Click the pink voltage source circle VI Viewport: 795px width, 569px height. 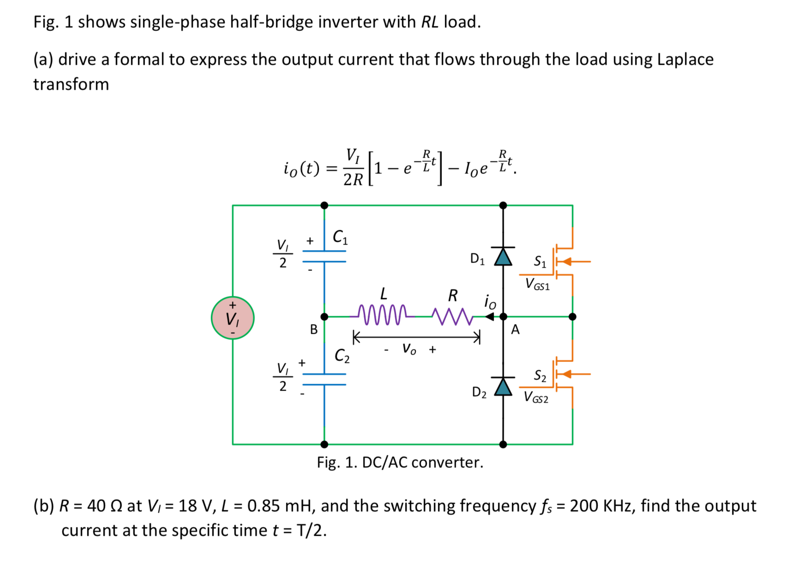[x=233, y=318]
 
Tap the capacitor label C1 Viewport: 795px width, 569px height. [x=341, y=237]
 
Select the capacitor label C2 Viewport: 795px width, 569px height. [x=342, y=355]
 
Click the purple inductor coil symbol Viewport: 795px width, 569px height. [x=383, y=315]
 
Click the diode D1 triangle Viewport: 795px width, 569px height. [x=503, y=257]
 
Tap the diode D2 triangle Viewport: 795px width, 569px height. [x=503, y=387]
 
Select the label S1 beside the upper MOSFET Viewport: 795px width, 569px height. [x=540, y=262]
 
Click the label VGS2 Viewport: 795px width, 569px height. [x=536, y=398]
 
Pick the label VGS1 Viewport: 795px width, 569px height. [x=537, y=284]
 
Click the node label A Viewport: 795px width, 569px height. [x=515, y=330]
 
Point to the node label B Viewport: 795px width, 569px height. [x=314, y=330]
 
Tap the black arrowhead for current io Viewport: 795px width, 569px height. [x=490, y=317]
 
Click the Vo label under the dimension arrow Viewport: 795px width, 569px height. [x=409, y=349]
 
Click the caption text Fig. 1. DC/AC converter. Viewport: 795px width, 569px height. [x=400, y=462]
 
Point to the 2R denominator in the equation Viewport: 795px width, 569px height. [x=353, y=180]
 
